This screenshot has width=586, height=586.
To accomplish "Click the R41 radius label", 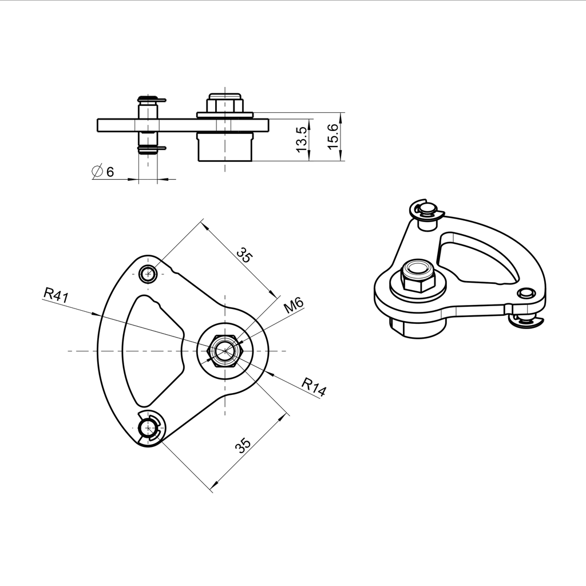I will pyautogui.click(x=56, y=295).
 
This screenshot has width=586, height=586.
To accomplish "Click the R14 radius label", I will pyautogui.click(x=314, y=387).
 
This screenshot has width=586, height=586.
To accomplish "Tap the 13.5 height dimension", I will pyautogui.click(x=302, y=140).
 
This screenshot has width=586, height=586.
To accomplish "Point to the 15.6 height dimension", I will pyautogui.click(x=332, y=136).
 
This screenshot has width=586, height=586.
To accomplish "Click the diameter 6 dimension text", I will pyautogui.click(x=104, y=171).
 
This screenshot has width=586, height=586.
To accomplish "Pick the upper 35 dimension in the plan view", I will pyautogui.click(x=244, y=255).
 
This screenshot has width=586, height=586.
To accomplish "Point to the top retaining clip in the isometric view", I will pyautogui.click(x=426, y=210).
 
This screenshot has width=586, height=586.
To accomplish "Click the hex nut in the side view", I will pyautogui.click(x=225, y=104).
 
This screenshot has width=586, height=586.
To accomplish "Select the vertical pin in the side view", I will pyautogui.click(x=148, y=125).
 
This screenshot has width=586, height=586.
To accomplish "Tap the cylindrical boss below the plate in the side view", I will pyautogui.click(x=225, y=148).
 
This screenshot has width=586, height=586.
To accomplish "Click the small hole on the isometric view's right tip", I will pyautogui.click(x=525, y=294).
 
